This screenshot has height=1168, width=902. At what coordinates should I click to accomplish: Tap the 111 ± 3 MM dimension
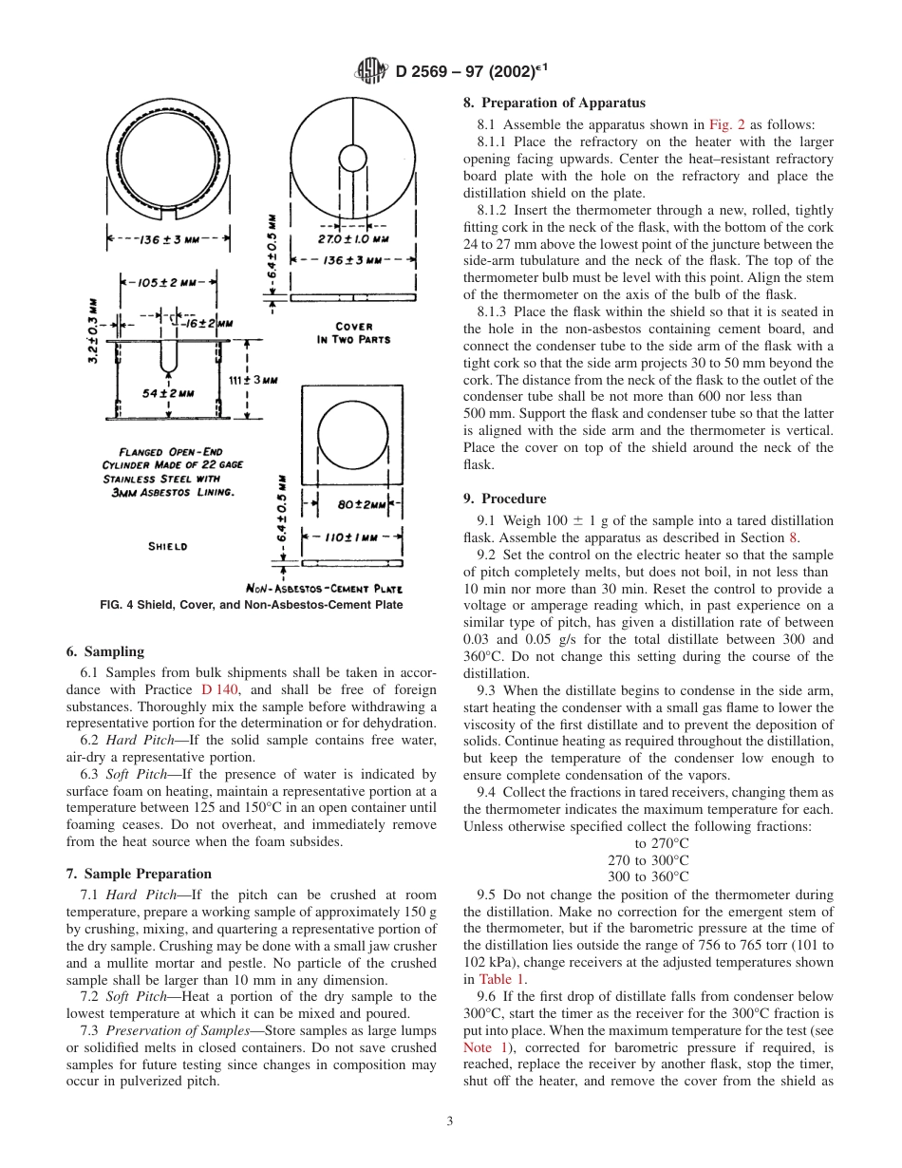[254, 379]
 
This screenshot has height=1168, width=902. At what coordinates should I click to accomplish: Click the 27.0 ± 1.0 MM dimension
[352, 239]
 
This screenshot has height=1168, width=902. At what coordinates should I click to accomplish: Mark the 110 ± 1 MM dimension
[352, 537]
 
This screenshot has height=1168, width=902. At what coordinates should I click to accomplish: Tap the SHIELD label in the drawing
[168, 547]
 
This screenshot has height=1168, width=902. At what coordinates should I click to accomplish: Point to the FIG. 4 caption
[252, 605]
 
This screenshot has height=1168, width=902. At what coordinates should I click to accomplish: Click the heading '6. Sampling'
[104, 651]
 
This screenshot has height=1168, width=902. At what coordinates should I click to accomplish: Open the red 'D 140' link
[220, 689]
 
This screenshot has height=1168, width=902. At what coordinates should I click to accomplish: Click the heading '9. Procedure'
[504, 499]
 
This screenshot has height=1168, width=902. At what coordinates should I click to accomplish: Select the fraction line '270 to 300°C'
[648, 860]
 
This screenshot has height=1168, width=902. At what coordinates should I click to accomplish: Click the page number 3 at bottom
[450, 1121]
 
